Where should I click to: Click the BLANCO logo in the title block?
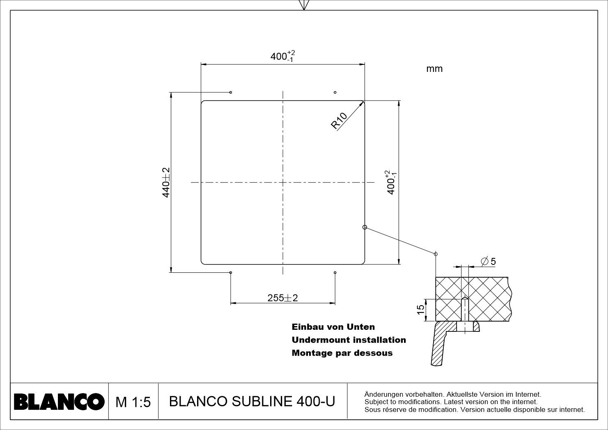pos(59,401)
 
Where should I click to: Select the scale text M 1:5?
pos(133,402)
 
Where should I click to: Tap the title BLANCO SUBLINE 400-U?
pos(252,401)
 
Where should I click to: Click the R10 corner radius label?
pos(339,121)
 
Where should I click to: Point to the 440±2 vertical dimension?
pos(166,182)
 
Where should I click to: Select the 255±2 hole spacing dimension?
pos(282,298)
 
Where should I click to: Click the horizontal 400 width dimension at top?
pos(282,56)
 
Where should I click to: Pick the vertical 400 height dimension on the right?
pos(391,182)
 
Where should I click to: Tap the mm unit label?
pos(434,69)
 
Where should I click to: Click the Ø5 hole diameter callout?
pos(488,261)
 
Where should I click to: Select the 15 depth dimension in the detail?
pos(421,310)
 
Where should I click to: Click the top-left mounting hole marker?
pos(231,92)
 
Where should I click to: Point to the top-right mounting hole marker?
pos(335,92)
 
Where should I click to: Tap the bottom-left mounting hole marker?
pos(231,272)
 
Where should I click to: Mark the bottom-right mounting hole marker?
pos(335,273)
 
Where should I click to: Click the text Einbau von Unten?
pos(333,327)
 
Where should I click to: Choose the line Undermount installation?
pos(349,340)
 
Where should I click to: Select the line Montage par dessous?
pos(342,353)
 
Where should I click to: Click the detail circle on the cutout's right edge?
pos(365,227)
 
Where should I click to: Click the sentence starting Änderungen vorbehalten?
pos(452,394)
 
